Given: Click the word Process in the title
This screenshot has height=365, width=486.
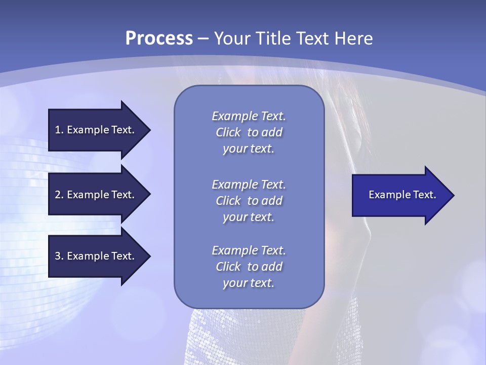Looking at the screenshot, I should pos(159,39).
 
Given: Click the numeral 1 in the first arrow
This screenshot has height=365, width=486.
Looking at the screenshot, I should pos(58,130).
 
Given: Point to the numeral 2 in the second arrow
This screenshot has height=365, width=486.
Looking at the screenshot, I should pos(58,195).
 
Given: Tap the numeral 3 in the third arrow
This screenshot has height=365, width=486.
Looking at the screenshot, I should pos(58,256).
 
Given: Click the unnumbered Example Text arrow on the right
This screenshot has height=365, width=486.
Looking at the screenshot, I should pos(402,195).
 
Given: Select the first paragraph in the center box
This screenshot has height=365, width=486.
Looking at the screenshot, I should pos(249,132).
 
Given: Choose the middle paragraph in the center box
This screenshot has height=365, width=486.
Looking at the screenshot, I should pos(249,201).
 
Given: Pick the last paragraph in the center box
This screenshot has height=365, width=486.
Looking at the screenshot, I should pos(249,267).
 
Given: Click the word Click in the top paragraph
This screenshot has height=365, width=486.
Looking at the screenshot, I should pos(228,132).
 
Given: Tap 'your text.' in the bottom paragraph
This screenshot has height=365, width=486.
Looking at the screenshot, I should pos(249,283).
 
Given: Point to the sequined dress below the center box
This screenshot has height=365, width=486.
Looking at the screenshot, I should pos(248,335).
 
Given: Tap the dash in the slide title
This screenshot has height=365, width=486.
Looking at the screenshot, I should pos(204,39).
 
